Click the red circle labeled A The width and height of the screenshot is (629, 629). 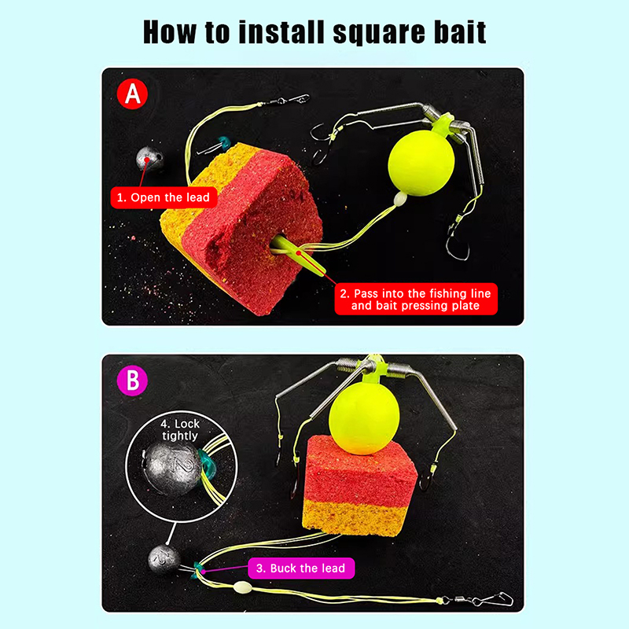[132, 94]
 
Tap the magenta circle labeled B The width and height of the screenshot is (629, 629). [132, 381]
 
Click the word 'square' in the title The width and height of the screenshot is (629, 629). [379, 34]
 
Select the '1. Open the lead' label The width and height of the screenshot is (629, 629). [164, 197]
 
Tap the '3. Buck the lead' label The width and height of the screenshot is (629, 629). [301, 568]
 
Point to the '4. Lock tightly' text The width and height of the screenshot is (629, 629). [180, 429]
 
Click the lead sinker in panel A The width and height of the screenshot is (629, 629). [149, 159]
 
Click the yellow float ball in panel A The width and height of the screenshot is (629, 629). [421, 163]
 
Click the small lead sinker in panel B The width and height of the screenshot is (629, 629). [164, 559]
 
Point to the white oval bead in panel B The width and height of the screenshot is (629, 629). [243, 587]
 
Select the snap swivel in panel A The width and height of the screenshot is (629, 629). [285, 100]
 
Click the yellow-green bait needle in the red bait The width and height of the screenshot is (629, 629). [299, 255]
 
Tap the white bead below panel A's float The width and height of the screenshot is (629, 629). [400, 199]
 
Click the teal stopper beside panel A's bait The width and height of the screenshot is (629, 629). [223, 142]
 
